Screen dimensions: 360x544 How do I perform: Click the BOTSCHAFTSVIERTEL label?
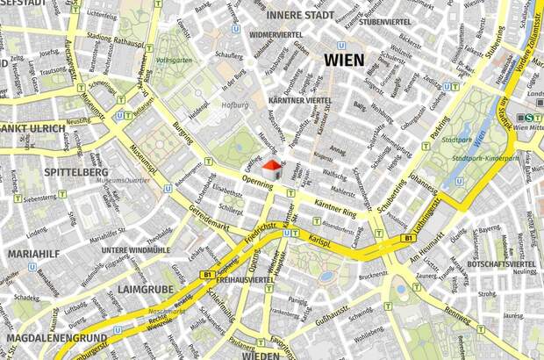(501, 263)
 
